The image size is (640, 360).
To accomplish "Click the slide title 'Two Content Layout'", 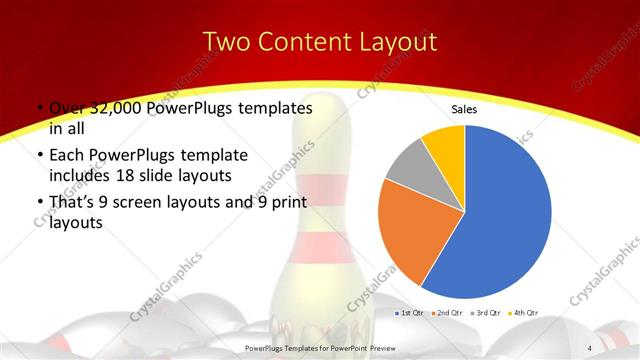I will point(319,42).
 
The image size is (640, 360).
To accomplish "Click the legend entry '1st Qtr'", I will point(410,313).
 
